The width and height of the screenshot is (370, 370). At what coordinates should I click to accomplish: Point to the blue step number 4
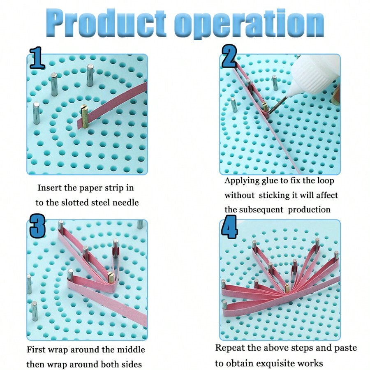click(x=229, y=229)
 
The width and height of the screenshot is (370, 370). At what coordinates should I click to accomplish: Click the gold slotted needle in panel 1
click(x=84, y=118)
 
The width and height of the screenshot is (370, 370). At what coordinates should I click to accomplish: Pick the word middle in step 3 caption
click(x=130, y=350)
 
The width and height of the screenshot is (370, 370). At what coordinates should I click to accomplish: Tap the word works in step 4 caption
click(x=313, y=363)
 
